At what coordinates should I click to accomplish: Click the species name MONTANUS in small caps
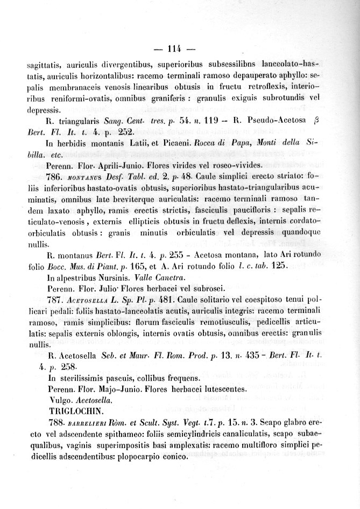84,177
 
